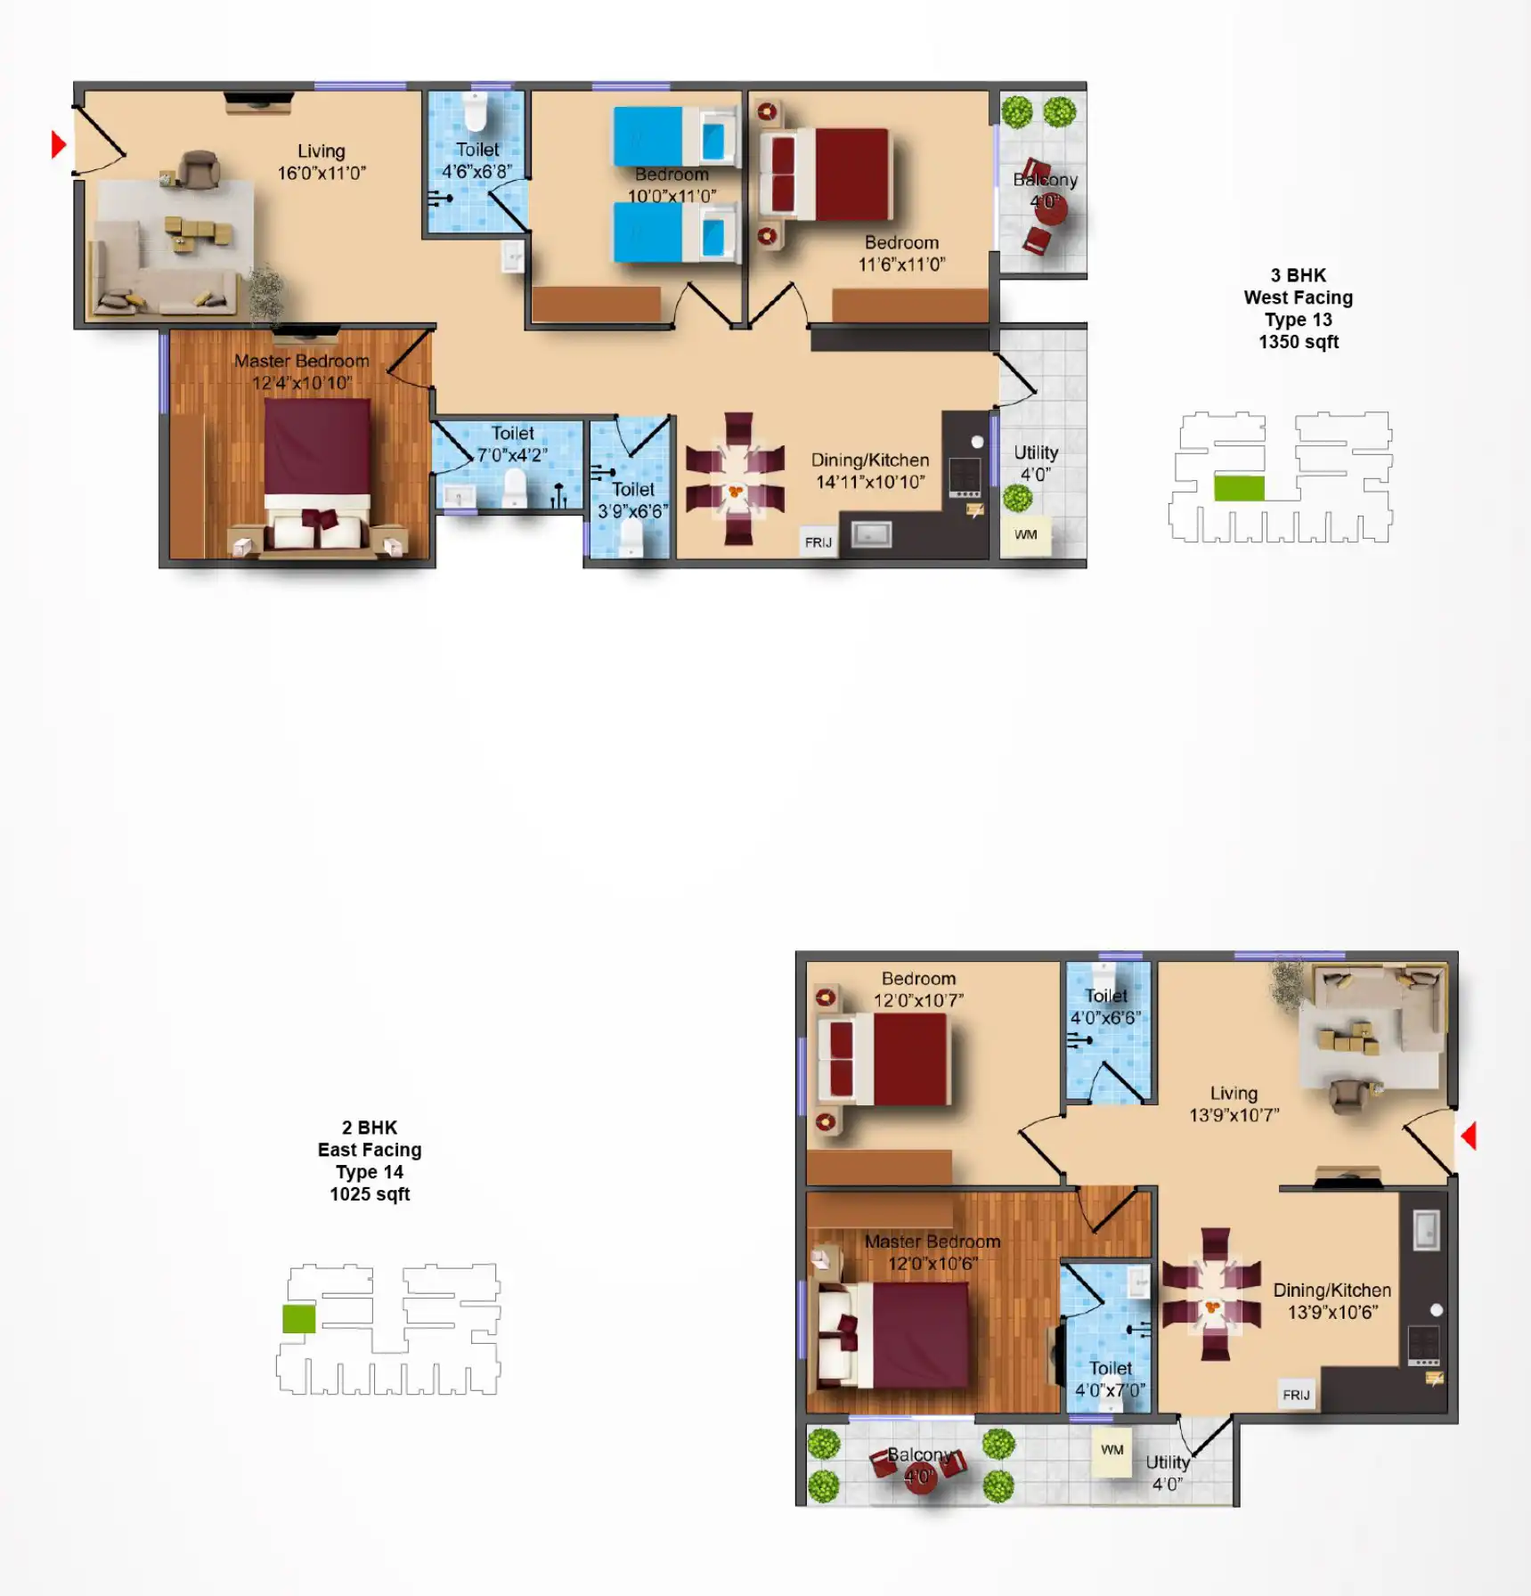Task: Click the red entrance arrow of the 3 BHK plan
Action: [x=59, y=144]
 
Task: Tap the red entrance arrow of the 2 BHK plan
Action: [x=1469, y=1136]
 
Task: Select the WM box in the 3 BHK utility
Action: [x=1026, y=535]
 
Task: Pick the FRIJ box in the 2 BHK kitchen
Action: [x=1296, y=1395]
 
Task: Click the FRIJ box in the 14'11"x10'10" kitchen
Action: [x=818, y=542]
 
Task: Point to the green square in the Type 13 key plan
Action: [x=1239, y=488]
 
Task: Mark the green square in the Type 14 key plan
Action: [x=298, y=1319]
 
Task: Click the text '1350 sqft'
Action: [x=1299, y=342]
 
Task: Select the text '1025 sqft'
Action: [x=370, y=1194]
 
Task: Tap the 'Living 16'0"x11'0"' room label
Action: [x=322, y=162]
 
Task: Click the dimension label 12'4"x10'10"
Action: [x=302, y=383]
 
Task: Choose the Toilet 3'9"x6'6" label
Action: [x=632, y=501]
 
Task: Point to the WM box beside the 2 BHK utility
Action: [x=1112, y=1451]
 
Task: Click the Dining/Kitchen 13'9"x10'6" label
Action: [x=1331, y=1301]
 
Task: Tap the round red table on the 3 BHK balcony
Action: [x=1051, y=207]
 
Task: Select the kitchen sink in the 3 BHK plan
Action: [x=871, y=534]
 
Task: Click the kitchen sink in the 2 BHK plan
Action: [x=1426, y=1231]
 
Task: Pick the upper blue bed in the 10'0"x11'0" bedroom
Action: [x=675, y=137]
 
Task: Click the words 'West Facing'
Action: [x=1299, y=297]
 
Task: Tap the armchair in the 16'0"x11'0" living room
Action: [x=199, y=169]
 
